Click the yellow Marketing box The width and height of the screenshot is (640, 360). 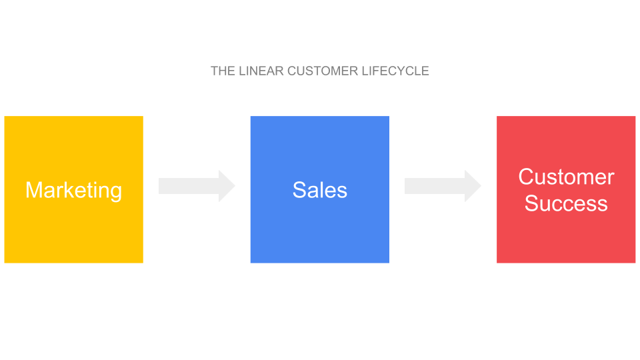click(x=74, y=189)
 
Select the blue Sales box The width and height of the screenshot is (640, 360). click(x=320, y=189)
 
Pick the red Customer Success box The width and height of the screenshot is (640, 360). click(x=566, y=189)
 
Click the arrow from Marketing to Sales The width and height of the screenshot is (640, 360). click(x=197, y=186)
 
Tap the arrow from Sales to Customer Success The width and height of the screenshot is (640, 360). click(x=443, y=186)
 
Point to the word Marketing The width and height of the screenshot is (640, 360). click(x=74, y=191)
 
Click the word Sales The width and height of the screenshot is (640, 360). click(x=320, y=190)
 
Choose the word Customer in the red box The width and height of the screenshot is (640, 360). click(x=566, y=177)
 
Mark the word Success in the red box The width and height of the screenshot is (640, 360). click(x=566, y=203)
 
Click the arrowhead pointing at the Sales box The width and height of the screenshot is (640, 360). click(x=227, y=186)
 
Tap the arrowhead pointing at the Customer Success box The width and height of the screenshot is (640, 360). click(x=473, y=186)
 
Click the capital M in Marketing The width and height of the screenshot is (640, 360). click(x=33, y=190)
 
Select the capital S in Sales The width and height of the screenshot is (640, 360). click(x=300, y=190)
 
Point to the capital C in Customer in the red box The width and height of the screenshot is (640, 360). click(x=527, y=177)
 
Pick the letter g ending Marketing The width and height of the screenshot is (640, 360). click(x=116, y=193)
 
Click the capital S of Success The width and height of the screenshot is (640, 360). click(x=532, y=203)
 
